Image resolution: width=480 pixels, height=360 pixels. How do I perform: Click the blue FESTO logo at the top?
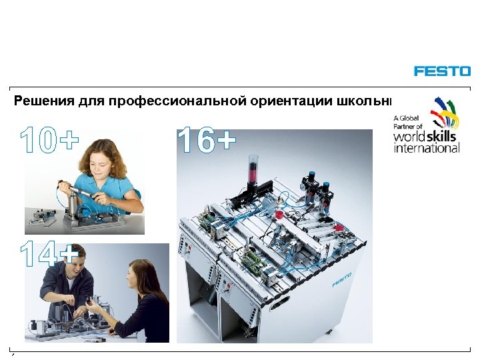click(441, 71)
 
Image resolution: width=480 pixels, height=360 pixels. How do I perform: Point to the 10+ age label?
click(49, 139)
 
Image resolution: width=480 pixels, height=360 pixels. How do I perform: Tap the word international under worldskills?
click(427, 148)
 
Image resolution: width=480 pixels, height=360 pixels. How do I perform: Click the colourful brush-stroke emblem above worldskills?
click(444, 111)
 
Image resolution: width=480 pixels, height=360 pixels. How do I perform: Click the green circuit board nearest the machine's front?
click(255, 261)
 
